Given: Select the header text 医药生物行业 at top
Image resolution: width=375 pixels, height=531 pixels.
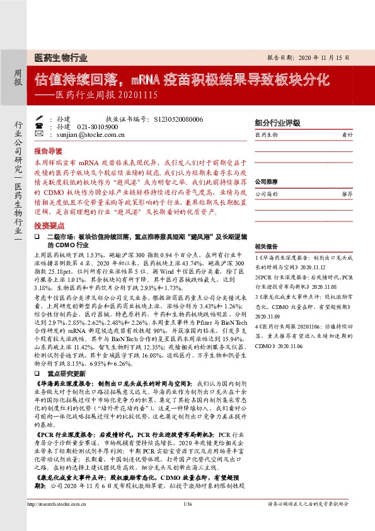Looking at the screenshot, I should click(61, 57).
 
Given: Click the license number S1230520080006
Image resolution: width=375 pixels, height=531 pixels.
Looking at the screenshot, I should click(178, 119).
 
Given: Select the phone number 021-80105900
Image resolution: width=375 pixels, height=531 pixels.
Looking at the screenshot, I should click(98, 126).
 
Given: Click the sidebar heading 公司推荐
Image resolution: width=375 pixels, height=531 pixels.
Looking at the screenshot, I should click(267, 182).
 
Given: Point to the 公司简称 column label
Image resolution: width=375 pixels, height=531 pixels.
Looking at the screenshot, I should click(265, 194).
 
